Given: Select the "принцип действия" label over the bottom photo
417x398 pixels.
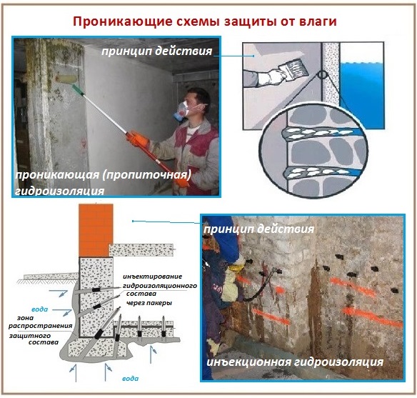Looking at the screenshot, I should coord(258,229).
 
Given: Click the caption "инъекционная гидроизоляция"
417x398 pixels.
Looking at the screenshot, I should coord(294,363).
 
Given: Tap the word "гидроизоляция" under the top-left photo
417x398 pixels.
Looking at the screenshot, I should coord(60,191).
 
